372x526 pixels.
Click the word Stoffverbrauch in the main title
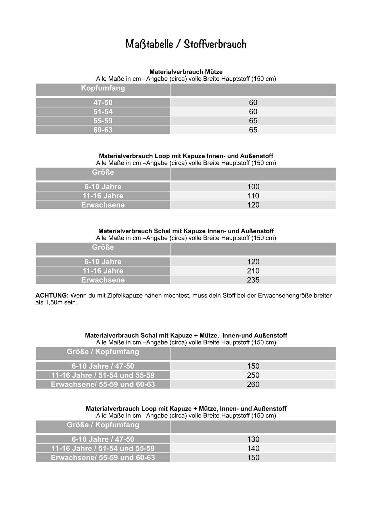pyautogui.click(x=215, y=44)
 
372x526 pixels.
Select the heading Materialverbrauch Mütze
pyautogui.click(x=186, y=72)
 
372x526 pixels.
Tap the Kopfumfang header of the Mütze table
pyautogui.click(x=103, y=88)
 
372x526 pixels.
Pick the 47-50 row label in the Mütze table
pyautogui.click(x=103, y=103)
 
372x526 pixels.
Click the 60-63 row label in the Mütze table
pyautogui.click(x=103, y=130)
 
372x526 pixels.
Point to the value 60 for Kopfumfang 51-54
pyautogui.click(x=253, y=112)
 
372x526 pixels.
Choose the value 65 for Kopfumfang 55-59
pyautogui.click(x=253, y=121)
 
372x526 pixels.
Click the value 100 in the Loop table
pyautogui.click(x=253, y=187)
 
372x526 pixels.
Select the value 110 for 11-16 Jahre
pyautogui.click(x=253, y=196)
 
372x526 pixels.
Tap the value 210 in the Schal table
pyautogui.click(x=253, y=271)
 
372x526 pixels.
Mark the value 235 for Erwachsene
pyautogui.click(x=253, y=280)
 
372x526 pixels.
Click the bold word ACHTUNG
pyautogui.click(x=52, y=295)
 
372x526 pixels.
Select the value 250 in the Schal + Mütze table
pyautogui.click(x=253, y=375)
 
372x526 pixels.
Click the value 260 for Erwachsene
pyautogui.click(x=253, y=384)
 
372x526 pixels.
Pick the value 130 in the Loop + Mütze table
pyautogui.click(x=253, y=439)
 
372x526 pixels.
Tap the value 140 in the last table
pyautogui.click(x=253, y=448)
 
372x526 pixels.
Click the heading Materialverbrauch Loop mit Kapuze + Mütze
pyautogui.click(x=186, y=408)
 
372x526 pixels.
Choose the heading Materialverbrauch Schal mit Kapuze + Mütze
pyautogui.click(x=186, y=335)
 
